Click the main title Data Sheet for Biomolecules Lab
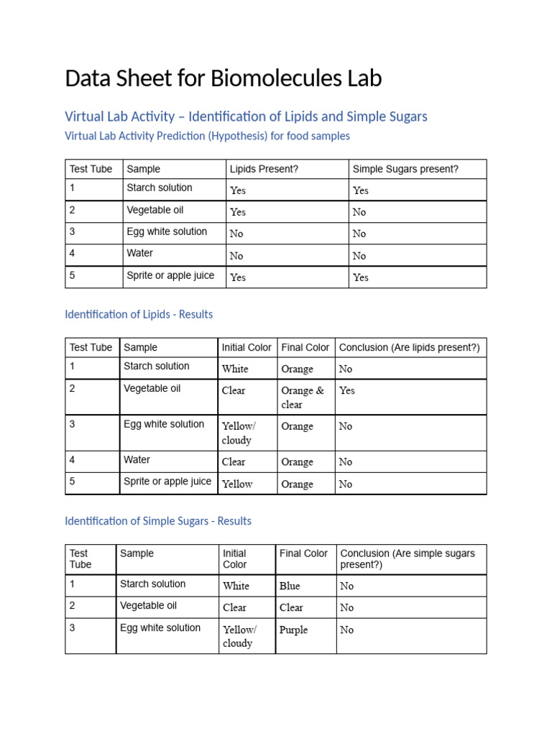pyautogui.click(x=223, y=78)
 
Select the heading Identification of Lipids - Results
pyautogui.click(x=139, y=314)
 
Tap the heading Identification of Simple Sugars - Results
pyautogui.click(x=158, y=520)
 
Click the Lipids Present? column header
pyautogui.click(x=264, y=169)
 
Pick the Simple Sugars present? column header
pyautogui.click(x=405, y=169)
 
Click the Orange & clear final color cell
pyautogui.click(x=303, y=397)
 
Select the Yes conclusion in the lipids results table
pyautogui.click(x=347, y=390)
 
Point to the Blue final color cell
pyautogui.click(x=290, y=586)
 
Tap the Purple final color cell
pyautogui.click(x=294, y=630)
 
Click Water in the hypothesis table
pyautogui.click(x=140, y=253)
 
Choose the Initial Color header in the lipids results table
pyautogui.click(x=247, y=347)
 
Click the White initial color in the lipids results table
pyautogui.click(x=235, y=369)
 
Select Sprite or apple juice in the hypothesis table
pyautogui.click(x=170, y=275)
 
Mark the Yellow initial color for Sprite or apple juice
pyautogui.click(x=237, y=484)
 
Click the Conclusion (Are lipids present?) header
pyautogui.click(x=409, y=347)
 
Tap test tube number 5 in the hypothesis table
pyautogui.click(x=73, y=275)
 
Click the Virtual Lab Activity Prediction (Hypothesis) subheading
pyautogui.click(x=207, y=136)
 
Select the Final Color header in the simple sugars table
pyautogui.click(x=303, y=553)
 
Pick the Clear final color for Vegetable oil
pyautogui.click(x=291, y=607)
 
